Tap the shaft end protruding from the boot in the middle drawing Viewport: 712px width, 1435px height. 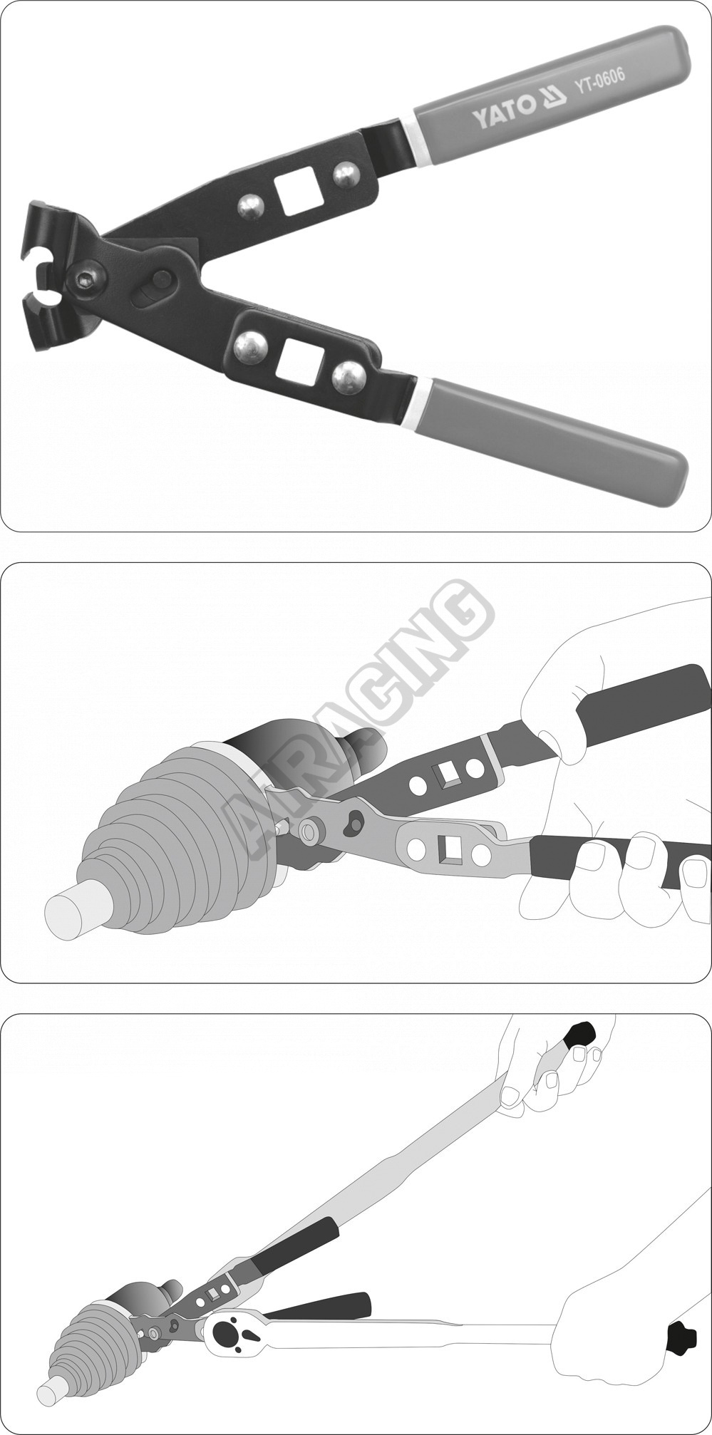coord(71,904)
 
